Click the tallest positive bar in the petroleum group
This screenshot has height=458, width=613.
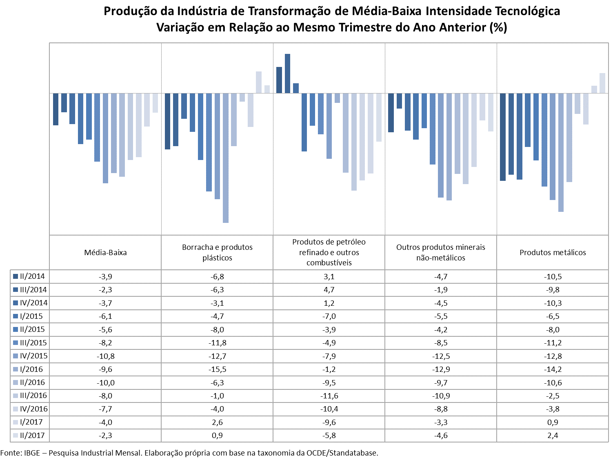click(x=287, y=73)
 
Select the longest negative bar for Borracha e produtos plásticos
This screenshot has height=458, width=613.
click(x=226, y=158)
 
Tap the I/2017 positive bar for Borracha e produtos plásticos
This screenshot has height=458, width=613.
click(x=259, y=82)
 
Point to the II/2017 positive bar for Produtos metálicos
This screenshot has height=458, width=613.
click(x=602, y=83)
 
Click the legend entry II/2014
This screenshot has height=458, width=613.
click(x=29, y=276)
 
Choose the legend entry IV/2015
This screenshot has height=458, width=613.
click(x=31, y=356)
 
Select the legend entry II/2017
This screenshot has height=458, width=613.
click(x=29, y=435)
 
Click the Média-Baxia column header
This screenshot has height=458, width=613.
click(x=106, y=252)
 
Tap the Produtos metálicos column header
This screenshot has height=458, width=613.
click(x=553, y=252)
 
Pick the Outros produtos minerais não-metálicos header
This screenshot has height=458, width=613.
click(x=441, y=252)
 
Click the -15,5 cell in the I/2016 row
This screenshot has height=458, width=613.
click(x=217, y=369)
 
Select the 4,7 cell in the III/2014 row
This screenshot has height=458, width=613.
click(x=329, y=289)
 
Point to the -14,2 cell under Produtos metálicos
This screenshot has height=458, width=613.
click(x=553, y=369)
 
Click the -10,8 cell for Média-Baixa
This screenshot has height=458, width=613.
click(x=106, y=356)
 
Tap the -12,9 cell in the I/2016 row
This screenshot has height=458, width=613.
click(x=441, y=369)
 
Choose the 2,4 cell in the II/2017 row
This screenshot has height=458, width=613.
click(x=553, y=435)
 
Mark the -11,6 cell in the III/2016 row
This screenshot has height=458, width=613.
click(x=329, y=396)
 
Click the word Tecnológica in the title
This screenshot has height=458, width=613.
click(x=528, y=11)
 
